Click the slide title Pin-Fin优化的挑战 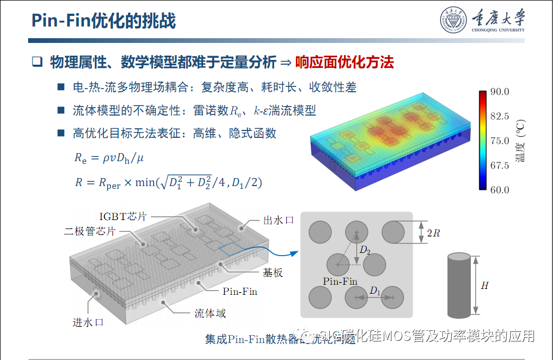(103, 21)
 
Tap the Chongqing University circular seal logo (454, 21)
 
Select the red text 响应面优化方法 (345, 63)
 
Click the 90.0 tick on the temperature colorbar (499, 92)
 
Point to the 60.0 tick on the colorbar (499, 190)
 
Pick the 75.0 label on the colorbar (499, 141)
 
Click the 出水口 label (278, 220)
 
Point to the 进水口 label (87, 322)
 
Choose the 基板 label (273, 273)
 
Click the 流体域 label (210, 313)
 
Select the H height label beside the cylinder (484, 286)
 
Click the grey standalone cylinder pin (458, 285)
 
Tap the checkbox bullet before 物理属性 (37, 62)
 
